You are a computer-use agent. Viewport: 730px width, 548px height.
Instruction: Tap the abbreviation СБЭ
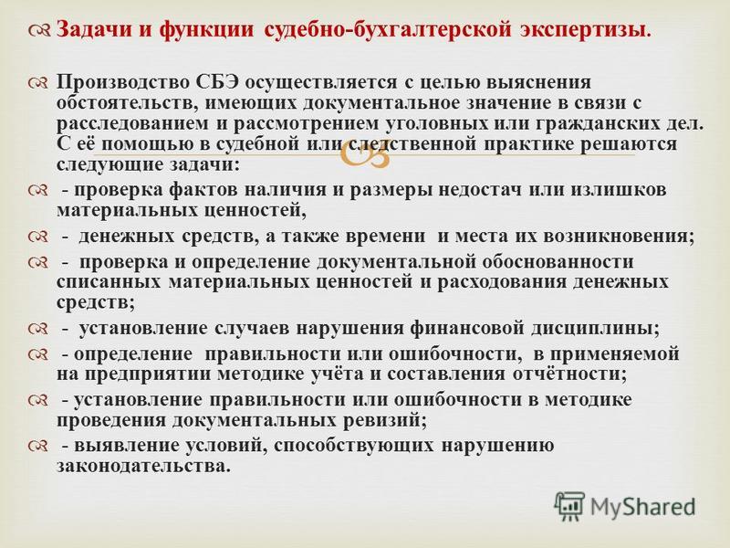pyautogui.click(x=215, y=82)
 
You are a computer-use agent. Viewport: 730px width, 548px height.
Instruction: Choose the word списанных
pyautogui.click(x=109, y=282)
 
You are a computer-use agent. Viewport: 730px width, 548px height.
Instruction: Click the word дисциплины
pyautogui.click(x=596, y=329)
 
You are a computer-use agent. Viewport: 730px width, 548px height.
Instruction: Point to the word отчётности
pyautogui.click(x=569, y=374)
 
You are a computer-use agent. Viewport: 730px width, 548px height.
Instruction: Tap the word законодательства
pyautogui.click(x=143, y=467)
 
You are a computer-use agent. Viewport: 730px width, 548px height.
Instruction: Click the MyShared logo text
pyautogui.click(x=642, y=508)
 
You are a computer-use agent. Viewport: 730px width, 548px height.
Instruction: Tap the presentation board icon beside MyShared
pyautogui.click(x=569, y=506)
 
